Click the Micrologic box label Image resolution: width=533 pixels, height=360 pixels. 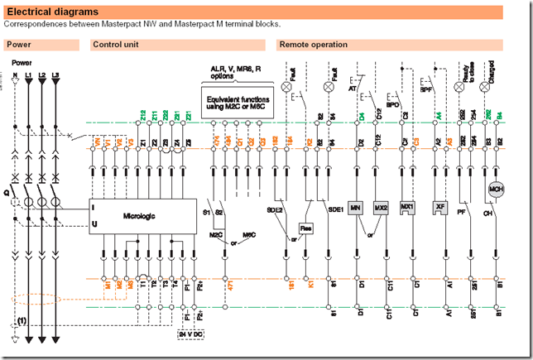(139, 217)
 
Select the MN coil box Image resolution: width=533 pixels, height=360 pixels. (356, 206)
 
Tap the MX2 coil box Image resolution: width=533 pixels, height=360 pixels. (381, 206)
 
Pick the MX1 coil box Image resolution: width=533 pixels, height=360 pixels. (406, 206)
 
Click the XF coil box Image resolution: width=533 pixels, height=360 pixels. (440, 206)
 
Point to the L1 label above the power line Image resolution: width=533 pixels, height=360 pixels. (29, 74)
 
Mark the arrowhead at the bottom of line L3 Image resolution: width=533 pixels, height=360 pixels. (56, 340)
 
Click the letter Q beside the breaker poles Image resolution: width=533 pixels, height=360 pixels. (6, 197)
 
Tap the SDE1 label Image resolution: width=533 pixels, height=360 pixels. (335, 210)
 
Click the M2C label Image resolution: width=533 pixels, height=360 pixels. (215, 235)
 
